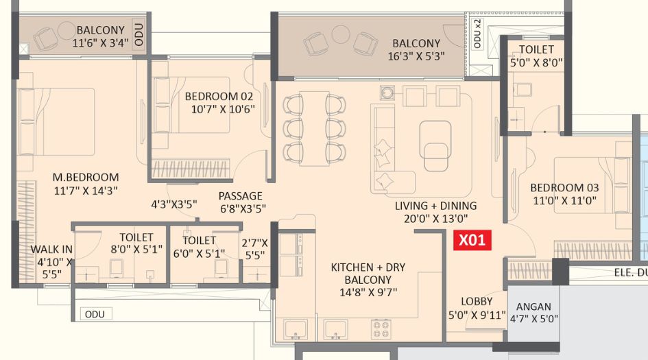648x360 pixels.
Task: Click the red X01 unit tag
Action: click(x=472, y=240)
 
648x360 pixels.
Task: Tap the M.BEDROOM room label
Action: click(x=86, y=178)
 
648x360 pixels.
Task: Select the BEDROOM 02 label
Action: click(x=219, y=96)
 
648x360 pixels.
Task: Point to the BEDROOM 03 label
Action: click(x=564, y=188)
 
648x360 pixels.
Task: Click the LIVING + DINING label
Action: click(x=435, y=206)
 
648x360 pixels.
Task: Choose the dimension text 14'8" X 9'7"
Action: click(x=368, y=293)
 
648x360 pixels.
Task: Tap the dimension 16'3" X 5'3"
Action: click(x=416, y=56)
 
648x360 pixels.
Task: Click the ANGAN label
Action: click(x=533, y=307)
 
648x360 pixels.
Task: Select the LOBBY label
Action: click(x=477, y=301)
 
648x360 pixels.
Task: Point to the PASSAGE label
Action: click(x=240, y=196)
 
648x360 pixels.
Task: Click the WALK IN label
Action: click(x=51, y=249)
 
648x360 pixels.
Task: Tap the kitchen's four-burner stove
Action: click(x=381, y=329)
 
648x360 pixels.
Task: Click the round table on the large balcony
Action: click(x=341, y=34)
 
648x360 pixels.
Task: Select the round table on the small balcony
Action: click(x=66, y=31)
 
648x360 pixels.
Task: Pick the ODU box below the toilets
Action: click(x=95, y=315)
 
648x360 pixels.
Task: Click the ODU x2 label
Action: click(x=477, y=34)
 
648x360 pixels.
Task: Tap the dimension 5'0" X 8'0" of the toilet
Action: click(x=536, y=63)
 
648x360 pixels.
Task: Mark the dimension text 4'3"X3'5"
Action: click(x=173, y=204)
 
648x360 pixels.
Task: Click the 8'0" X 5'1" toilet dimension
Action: click(x=136, y=250)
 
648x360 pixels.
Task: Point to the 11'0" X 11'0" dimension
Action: click(x=564, y=201)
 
